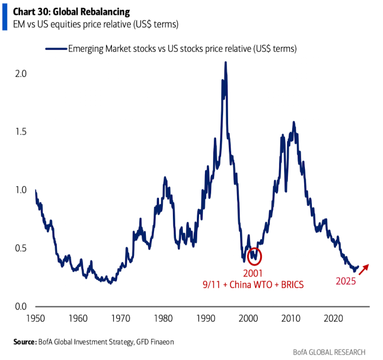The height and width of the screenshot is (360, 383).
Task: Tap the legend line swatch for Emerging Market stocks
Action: click(x=56, y=49)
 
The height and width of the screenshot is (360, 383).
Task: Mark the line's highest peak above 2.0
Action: click(x=226, y=63)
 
